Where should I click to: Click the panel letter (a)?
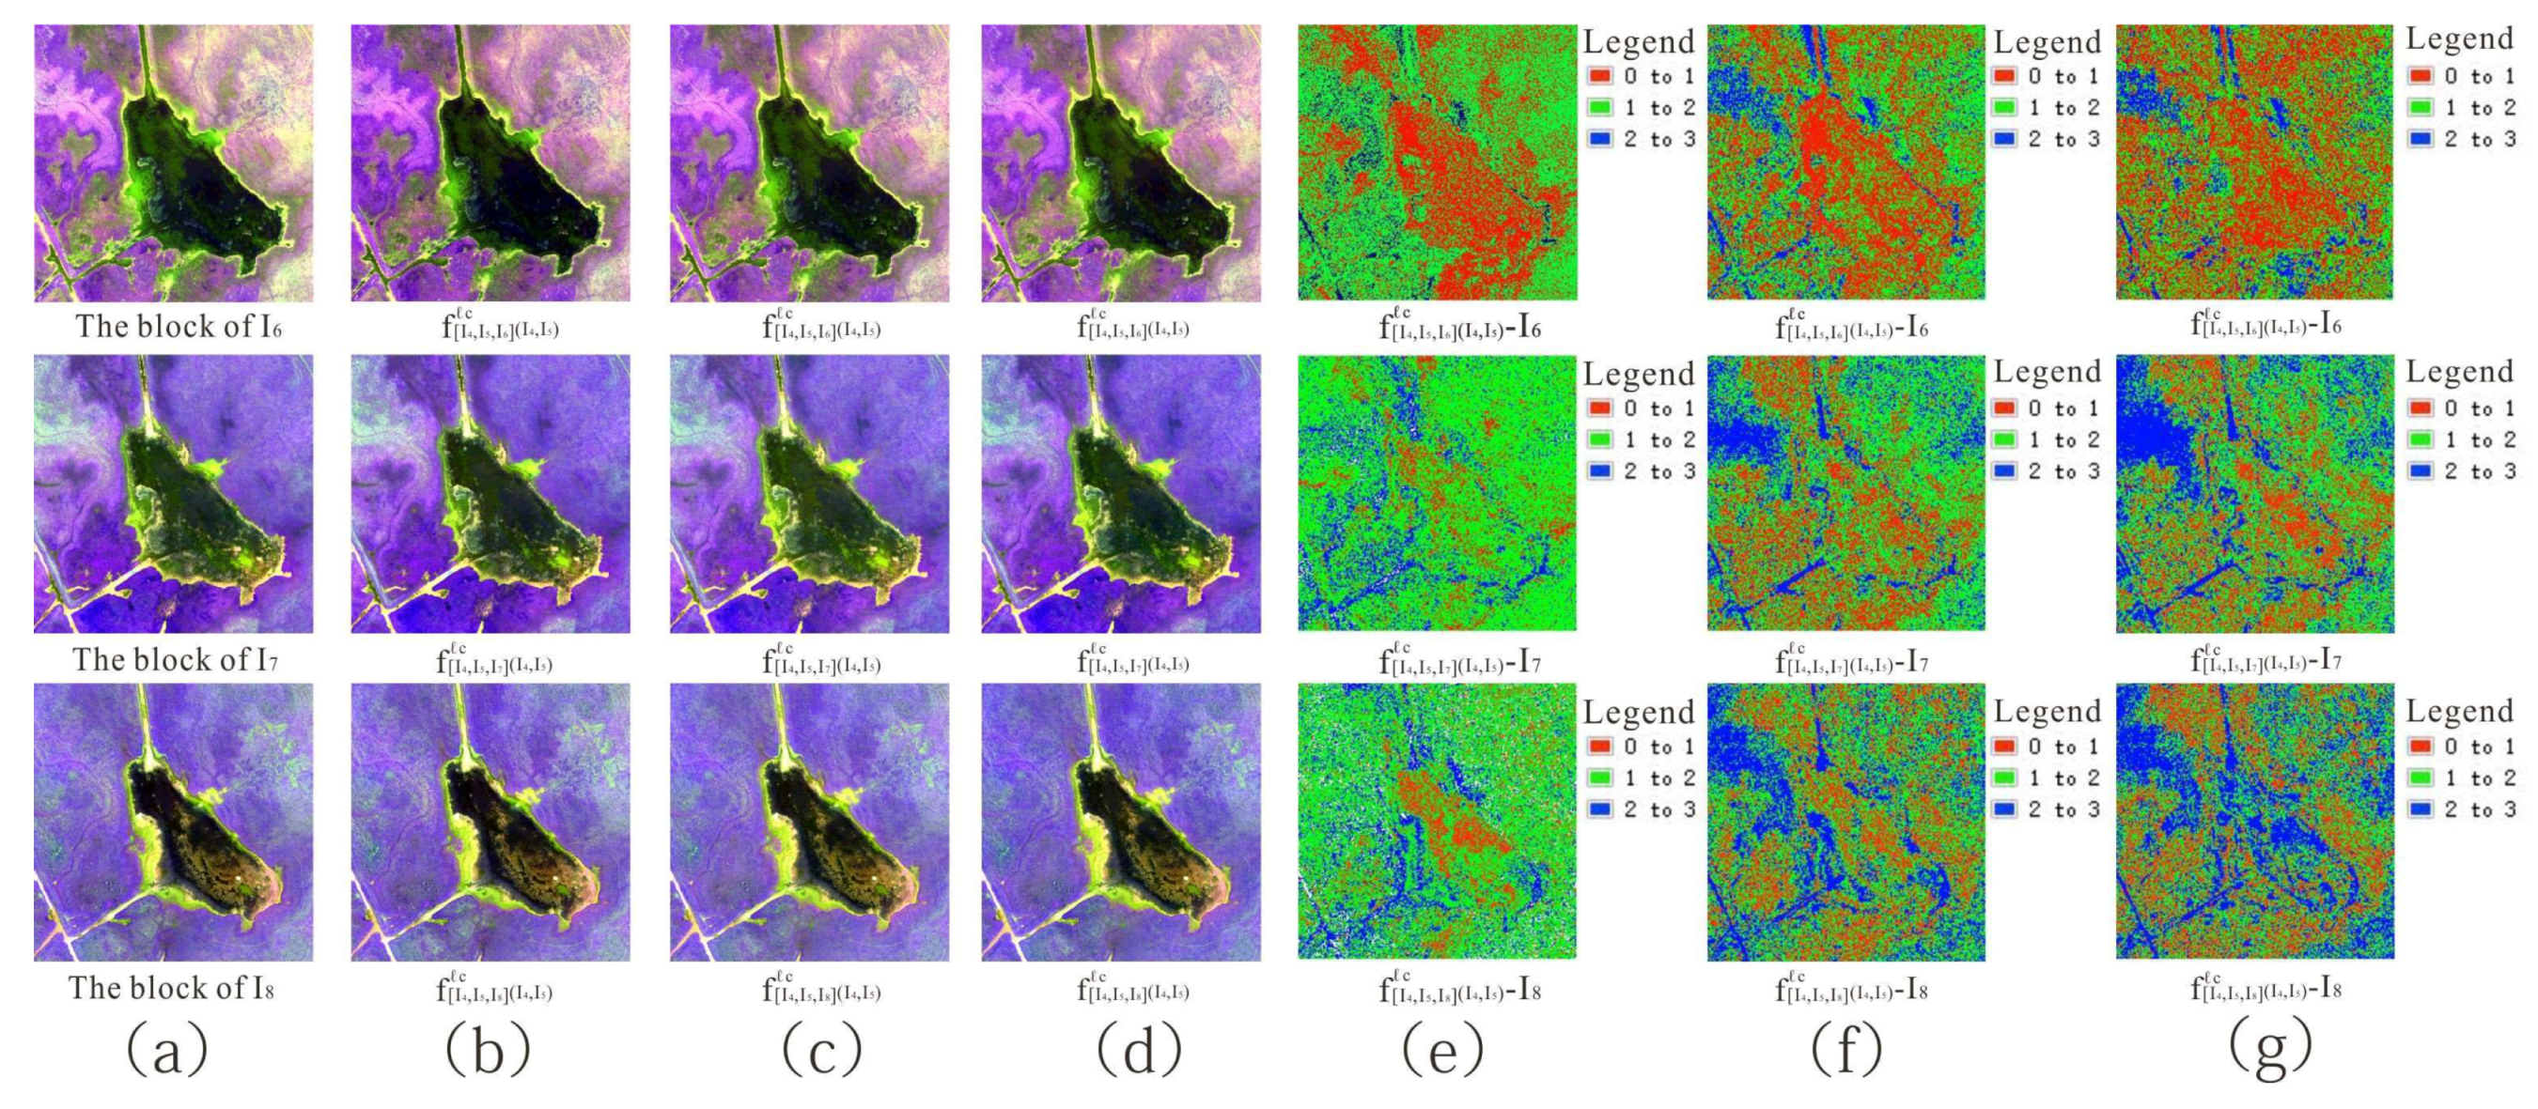coord(166,1050)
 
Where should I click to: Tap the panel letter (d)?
coord(1138,1050)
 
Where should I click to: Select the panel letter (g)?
coord(2270,1050)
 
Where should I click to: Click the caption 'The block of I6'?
coord(179,326)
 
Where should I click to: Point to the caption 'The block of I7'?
coord(176,659)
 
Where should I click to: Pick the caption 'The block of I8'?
coord(171,988)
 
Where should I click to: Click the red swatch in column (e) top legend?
coord(1600,76)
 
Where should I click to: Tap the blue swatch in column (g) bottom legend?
coord(2420,809)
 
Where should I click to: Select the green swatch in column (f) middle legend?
coord(2004,439)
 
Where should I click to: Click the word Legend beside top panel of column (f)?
coord(2047,42)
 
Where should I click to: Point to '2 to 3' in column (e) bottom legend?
coord(1660,809)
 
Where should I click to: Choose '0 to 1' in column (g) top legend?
coord(2480,76)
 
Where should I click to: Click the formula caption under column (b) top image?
coord(499,325)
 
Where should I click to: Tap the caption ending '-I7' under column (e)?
coord(1459,660)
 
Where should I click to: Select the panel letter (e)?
coord(1442,1050)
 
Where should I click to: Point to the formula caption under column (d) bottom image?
coord(1133,988)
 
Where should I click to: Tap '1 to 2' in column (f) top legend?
coord(2064,107)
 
